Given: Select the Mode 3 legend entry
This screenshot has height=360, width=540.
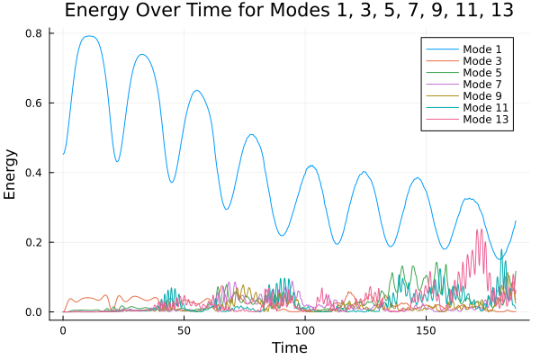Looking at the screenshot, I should click(483, 61).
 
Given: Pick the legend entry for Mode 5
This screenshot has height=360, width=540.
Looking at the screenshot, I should click(483, 73).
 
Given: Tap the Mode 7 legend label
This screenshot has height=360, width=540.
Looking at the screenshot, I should click(483, 85).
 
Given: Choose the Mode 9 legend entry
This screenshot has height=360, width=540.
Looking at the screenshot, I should click(483, 96).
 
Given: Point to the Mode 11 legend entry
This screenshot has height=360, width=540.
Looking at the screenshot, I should click(486, 108).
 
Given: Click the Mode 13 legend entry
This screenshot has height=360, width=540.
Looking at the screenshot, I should click(486, 120).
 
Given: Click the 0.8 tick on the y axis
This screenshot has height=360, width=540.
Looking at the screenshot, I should click(35, 33).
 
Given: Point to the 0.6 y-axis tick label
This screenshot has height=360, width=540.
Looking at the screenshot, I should click(35, 103).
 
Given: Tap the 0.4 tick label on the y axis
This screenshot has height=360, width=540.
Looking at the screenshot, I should click(35, 173).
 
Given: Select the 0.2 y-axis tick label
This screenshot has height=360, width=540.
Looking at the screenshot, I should click(35, 243).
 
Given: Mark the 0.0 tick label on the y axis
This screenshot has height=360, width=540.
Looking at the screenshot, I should click(35, 312).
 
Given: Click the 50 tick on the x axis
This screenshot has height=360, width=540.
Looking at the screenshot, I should click(184, 330).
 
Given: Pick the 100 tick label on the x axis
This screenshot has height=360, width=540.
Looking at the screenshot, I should click(305, 330).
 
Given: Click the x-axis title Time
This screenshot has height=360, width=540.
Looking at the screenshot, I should click(290, 347).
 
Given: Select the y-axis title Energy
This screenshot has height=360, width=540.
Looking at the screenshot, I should click(12, 174).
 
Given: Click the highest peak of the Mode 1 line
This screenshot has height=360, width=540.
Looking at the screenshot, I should click(88, 36).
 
